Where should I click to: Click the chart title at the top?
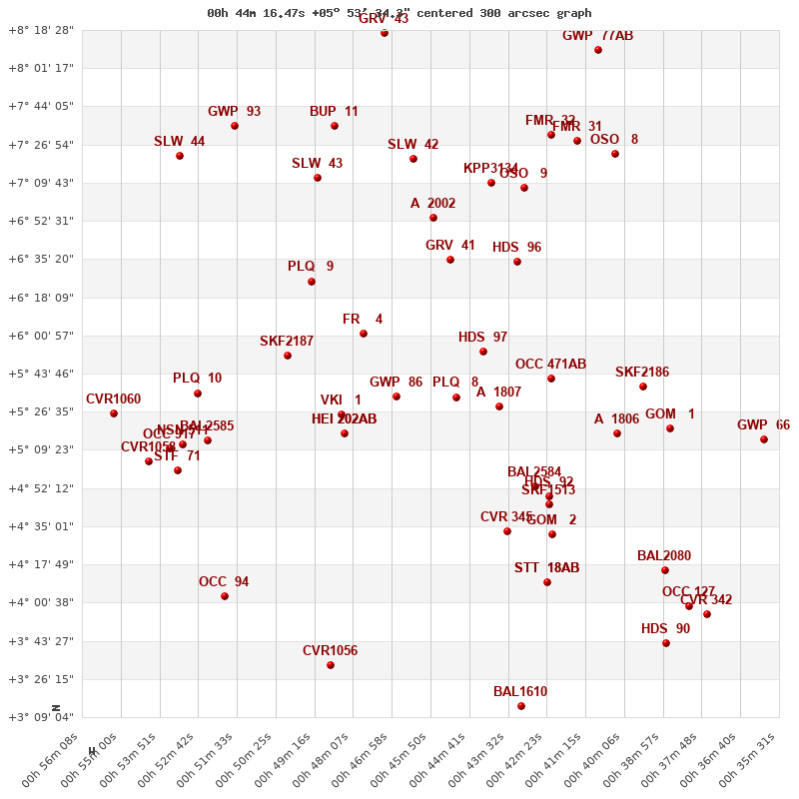click(399, 13)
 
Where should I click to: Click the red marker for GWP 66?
click(764, 439)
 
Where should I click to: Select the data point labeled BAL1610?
click(521, 706)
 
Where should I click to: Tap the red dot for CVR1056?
click(331, 665)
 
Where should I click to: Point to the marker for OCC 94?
click(225, 596)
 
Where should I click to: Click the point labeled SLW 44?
click(180, 156)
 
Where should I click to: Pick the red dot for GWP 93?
click(235, 126)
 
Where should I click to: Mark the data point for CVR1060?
click(114, 413)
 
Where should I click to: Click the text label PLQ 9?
click(311, 267)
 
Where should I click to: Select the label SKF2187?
click(287, 342)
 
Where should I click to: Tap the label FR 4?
click(363, 320)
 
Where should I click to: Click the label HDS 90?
click(665, 629)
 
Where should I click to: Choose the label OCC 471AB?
click(550, 365)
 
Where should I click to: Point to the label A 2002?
click(432, 204)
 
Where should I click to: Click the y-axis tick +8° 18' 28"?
click(41, 31)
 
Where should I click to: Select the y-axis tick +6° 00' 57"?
click(41, 336)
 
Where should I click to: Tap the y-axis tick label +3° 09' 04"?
click(41, 717)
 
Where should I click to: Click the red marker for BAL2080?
click(665, 570)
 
